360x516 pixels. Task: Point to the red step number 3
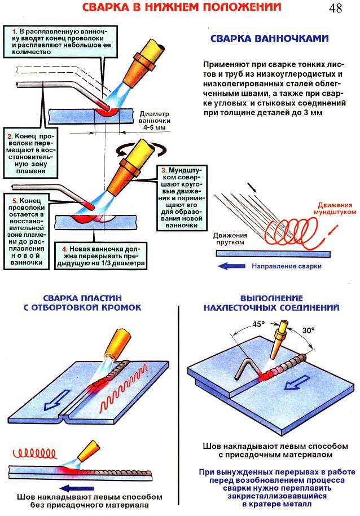coord(163,170)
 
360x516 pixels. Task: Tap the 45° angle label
coord(258,324)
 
